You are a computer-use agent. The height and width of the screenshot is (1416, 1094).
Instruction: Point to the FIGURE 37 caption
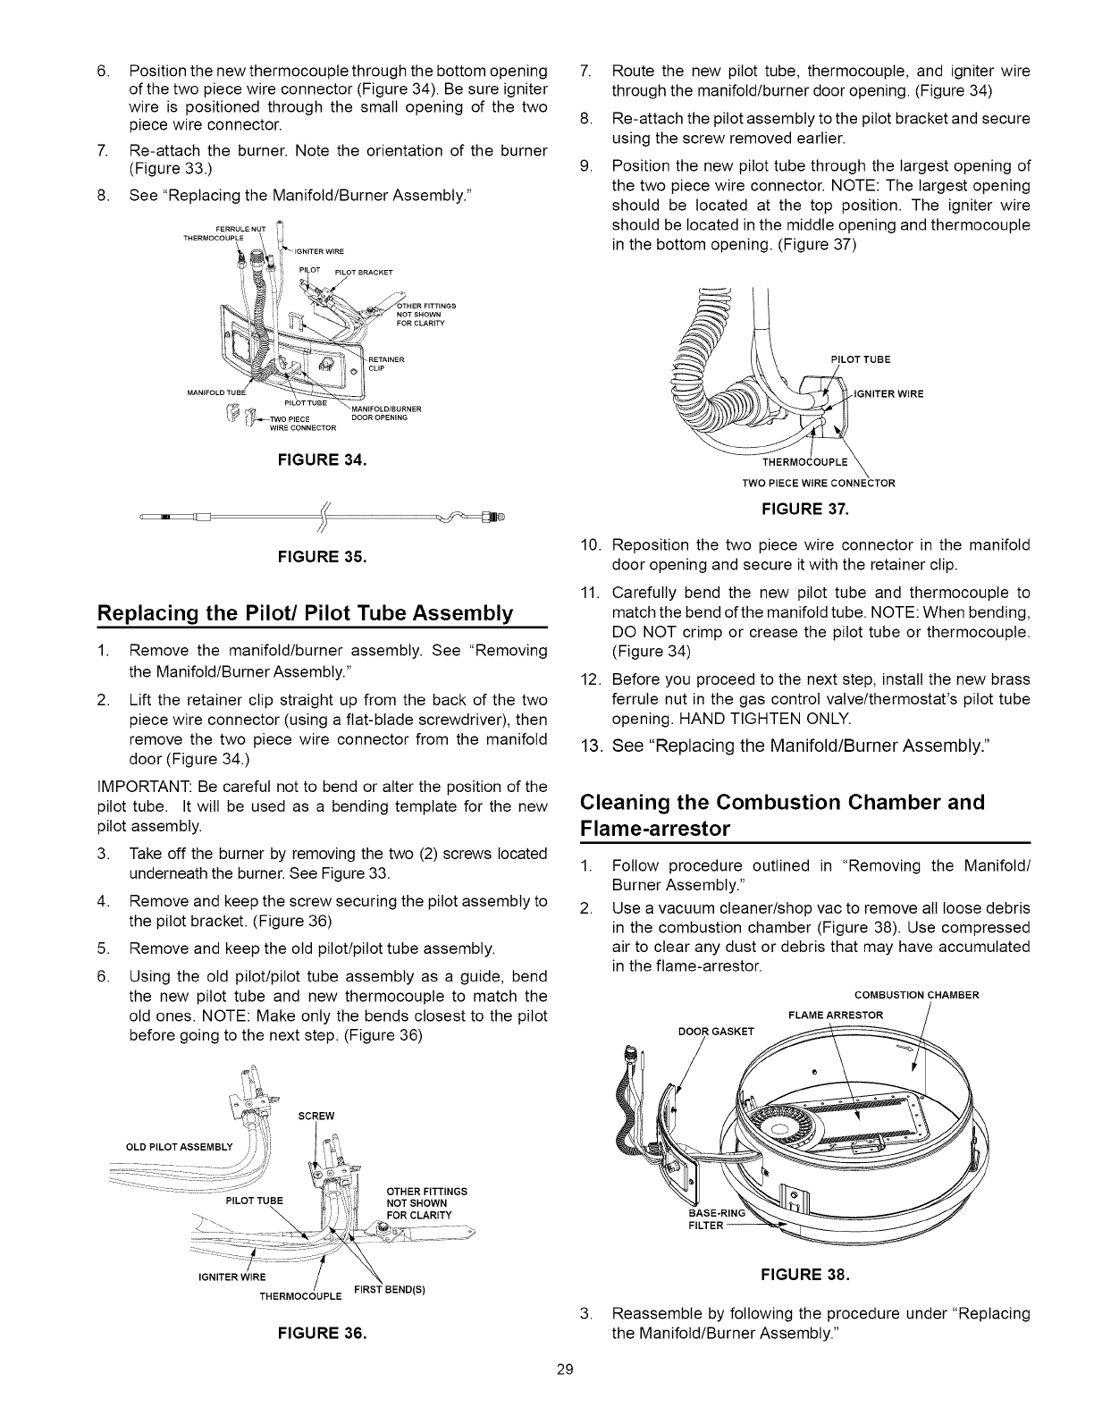coord(804,510)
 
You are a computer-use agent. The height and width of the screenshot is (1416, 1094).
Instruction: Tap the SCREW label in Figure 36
coord(317,1117)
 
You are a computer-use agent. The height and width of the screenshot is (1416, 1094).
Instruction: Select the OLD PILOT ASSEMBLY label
coord(179,1148)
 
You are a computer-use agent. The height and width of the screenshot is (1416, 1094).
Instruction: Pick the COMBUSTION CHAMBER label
coord(917,996)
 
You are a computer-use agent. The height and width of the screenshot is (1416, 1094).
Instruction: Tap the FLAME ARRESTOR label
coord(835,1015)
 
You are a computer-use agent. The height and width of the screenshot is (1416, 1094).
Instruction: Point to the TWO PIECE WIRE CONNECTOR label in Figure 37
coord(819,484)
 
